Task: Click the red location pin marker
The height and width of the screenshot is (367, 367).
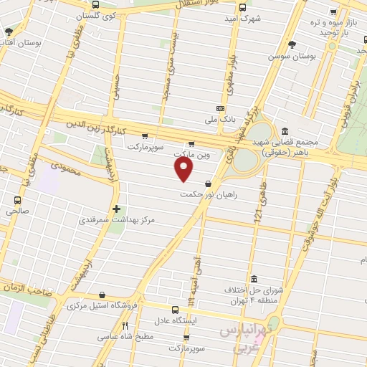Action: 184,169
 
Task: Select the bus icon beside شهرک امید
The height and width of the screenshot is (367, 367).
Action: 243,7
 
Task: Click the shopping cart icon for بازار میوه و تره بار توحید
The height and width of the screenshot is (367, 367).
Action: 333,13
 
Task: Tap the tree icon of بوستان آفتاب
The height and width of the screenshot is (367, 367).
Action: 9,32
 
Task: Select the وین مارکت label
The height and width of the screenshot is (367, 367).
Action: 193,154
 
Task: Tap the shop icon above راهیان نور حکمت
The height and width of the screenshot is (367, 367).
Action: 208,183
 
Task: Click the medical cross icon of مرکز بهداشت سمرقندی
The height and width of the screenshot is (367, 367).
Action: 116,209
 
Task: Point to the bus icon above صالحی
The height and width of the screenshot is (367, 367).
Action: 18,200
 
